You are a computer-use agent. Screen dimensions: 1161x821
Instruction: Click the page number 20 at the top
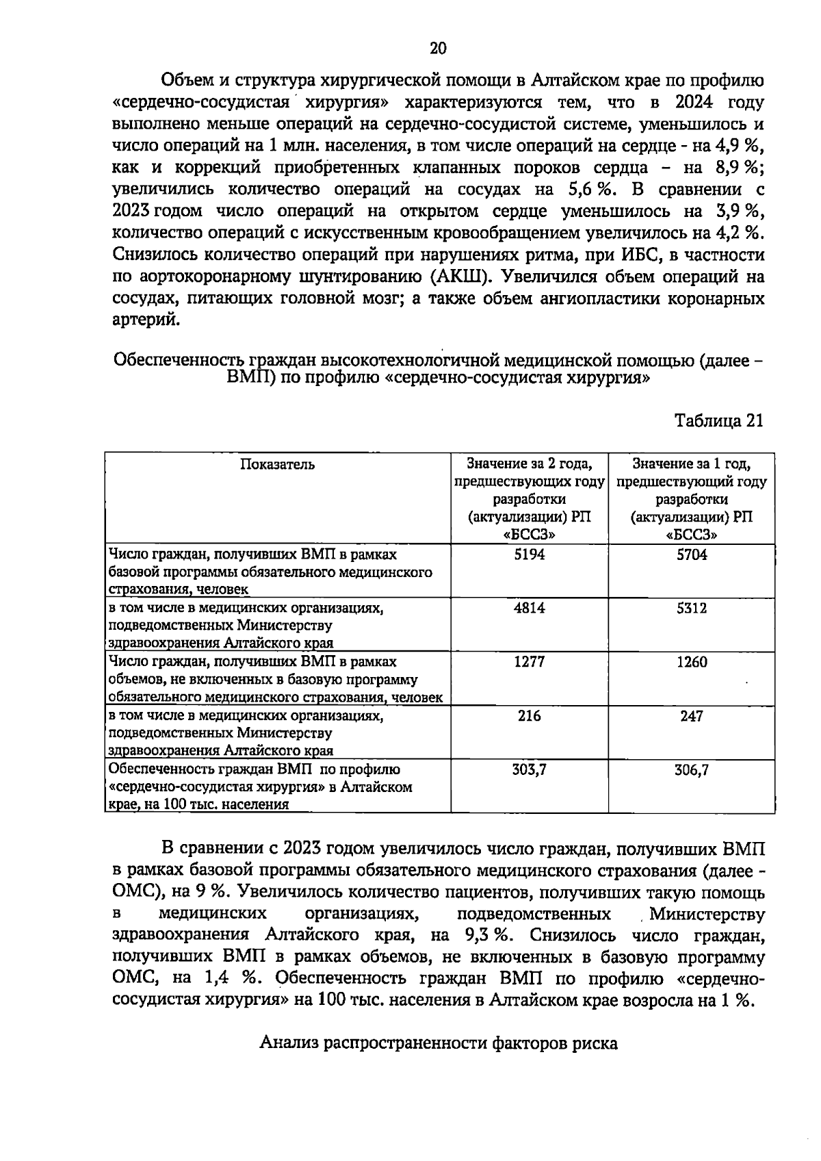click(438, 48)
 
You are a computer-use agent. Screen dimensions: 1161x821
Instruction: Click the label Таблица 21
click(718, 420)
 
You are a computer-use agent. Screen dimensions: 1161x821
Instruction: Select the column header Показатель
click(277, 465)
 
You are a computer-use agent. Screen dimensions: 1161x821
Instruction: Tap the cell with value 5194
click(529, 554)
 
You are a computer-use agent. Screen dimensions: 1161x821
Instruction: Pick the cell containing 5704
click(692, 554)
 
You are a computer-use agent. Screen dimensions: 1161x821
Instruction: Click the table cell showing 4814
click(529, 608)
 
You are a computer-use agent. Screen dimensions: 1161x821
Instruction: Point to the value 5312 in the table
click(692, 608)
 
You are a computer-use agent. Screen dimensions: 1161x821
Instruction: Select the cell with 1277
click(529, 662)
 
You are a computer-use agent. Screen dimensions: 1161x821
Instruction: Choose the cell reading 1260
click(692, 662)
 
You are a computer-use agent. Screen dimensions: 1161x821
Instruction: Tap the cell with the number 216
click(529, 716)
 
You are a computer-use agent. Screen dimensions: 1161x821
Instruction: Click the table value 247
click(692, 716)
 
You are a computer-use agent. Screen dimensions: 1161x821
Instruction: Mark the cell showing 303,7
click(529, 770)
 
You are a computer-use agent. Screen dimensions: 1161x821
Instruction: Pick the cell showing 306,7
click(692, 770)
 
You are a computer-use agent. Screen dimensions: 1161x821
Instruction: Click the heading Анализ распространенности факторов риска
click(439, 1043)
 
